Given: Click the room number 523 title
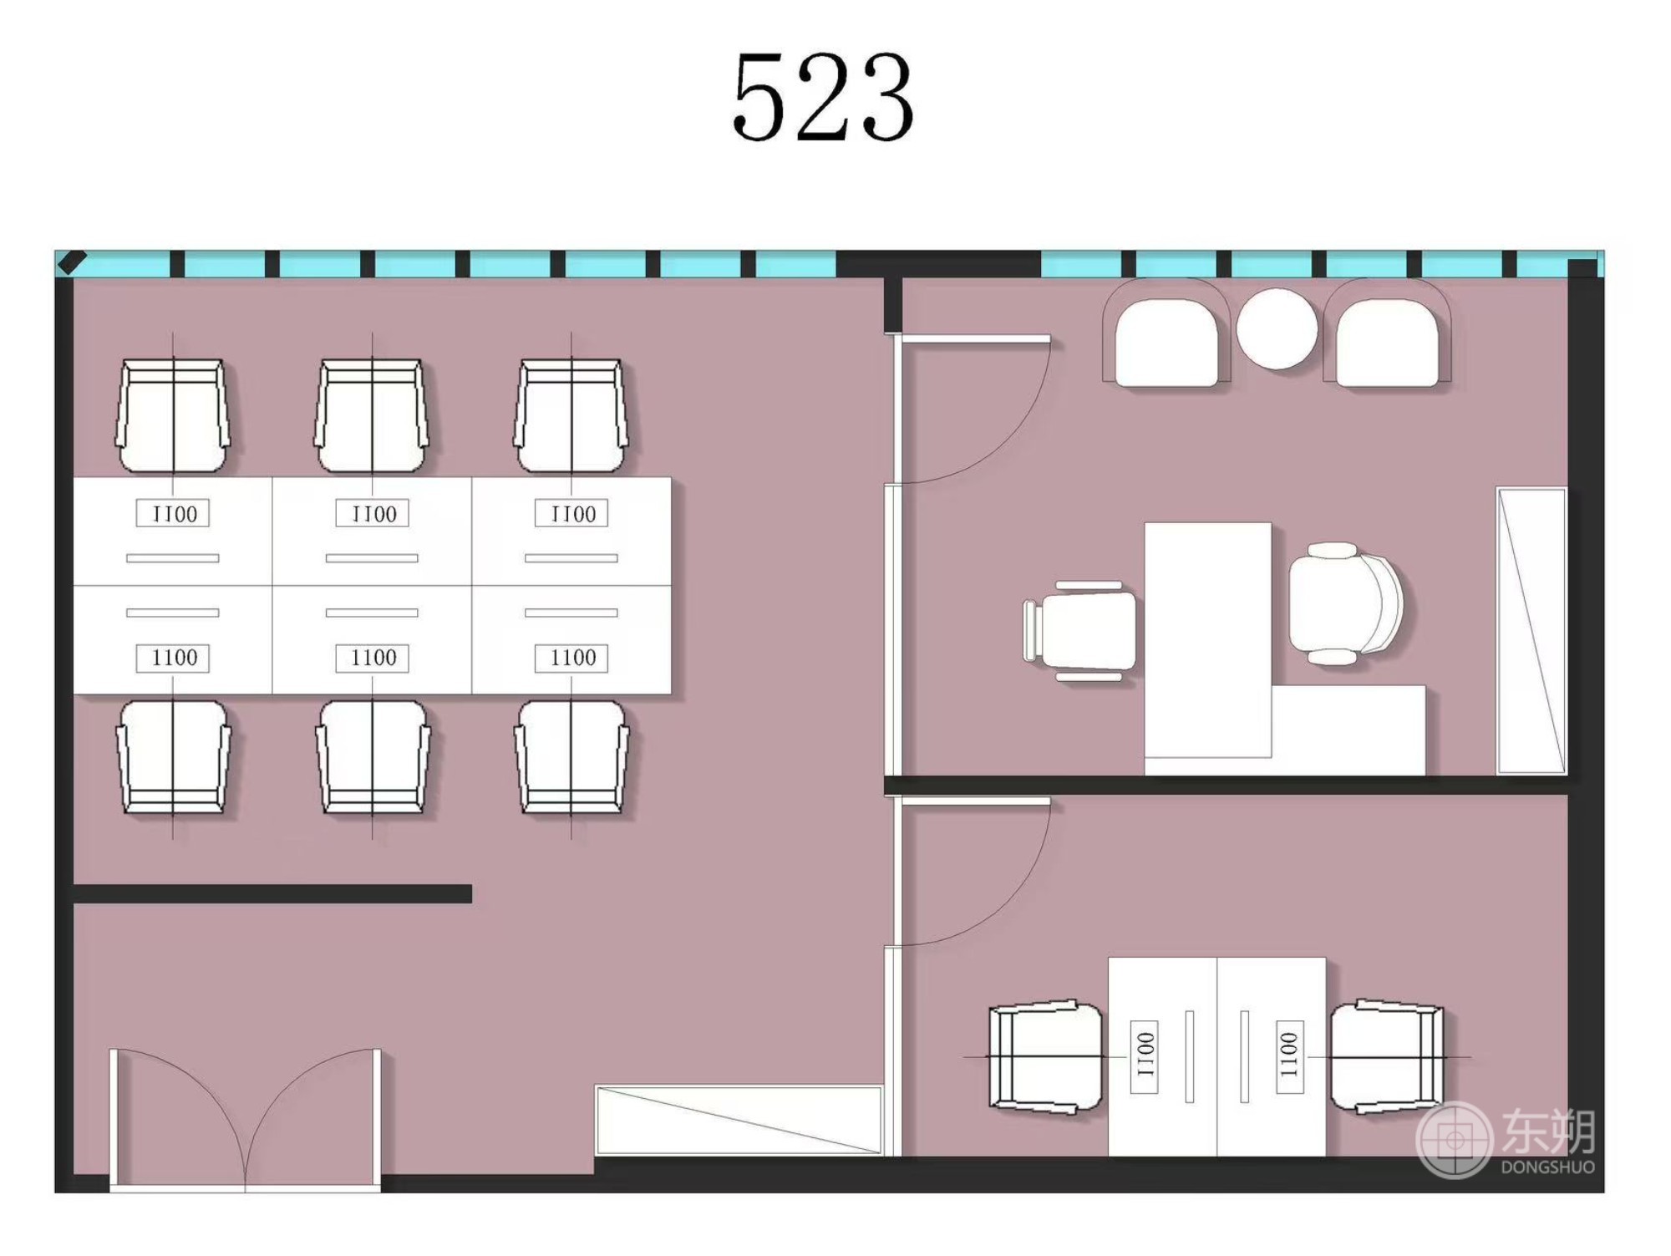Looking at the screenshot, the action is pyautogui.click(x=823, y=96).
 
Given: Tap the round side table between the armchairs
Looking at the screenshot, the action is pyautogui.click(x=1277, y=328).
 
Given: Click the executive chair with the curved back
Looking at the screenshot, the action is pyautogui.click(x=1345, y=603).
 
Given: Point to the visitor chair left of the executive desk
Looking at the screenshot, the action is pyautogui.click(x=1080, y=631).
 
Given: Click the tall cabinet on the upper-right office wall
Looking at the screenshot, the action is pyautogui.click(x=1531, y=631).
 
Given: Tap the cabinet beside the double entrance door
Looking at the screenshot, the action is pyautogui.click(x=739, y=1120).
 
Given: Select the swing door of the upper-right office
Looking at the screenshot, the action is pyautogui.click(x=969, y=409).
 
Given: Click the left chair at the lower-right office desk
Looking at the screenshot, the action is pyautogui.click(x=1044, y=1057).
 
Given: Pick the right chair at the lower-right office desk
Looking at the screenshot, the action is pyautogui.click(x=1387, y=1057).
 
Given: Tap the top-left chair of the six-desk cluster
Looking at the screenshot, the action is pyautogui.click(x=173, y=416).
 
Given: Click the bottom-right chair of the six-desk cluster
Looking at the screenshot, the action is pyautogui.click(x=571, y=757).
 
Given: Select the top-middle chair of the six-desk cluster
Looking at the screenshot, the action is pyautogui.click(x=372, y=416).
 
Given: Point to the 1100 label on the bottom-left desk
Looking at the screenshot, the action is pyautogui.click(x=174, y=658).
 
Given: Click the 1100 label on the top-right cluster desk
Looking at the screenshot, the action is pyautogui.click(x=572, y=513).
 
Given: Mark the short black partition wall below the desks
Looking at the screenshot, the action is pyautogui.click(x=272, y=893).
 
